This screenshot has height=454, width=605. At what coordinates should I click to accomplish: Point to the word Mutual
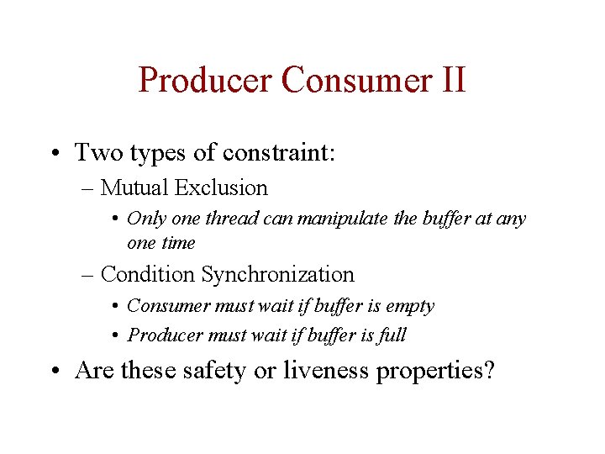coord(134,188)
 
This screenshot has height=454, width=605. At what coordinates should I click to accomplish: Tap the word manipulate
coord(341,219)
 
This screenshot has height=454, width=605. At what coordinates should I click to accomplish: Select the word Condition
coord(147,275)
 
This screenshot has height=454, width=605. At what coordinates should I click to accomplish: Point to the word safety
coord(215,371)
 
